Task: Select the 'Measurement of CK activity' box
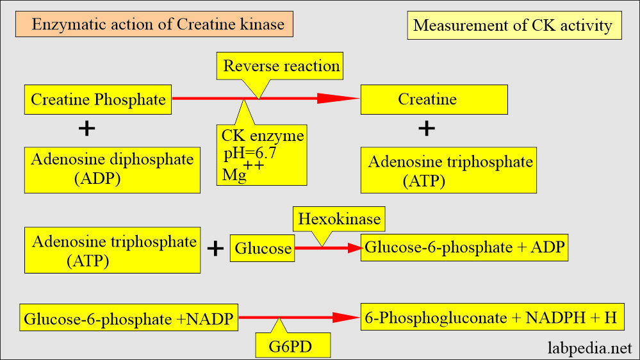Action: pyautogui.click(x=513, y=26)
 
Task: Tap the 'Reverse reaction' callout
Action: pyautogui.click(x=281, y=66)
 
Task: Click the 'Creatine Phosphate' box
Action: pyautogui.click(x=98, y=100)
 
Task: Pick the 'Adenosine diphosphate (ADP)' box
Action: pyautogui.click(x=113, y=169)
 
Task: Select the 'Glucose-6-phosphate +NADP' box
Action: pyautogui.click(x=131, y=318)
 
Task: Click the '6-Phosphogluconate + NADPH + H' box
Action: pyautogui.click(x=492, y=316)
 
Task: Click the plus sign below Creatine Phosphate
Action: pyautogui.click(x=86, y=129)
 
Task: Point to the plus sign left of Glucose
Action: pyautogui.click(x=215, y=249)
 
